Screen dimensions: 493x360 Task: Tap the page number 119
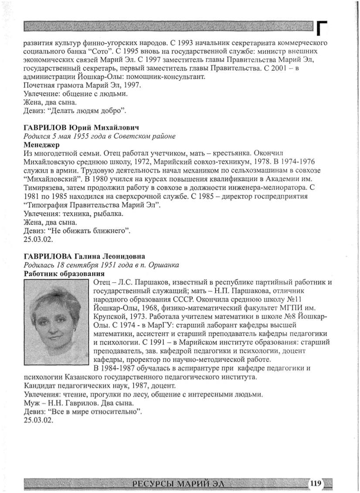[x=315, y=483]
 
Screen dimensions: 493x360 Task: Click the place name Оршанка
[x=164, y=265]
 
